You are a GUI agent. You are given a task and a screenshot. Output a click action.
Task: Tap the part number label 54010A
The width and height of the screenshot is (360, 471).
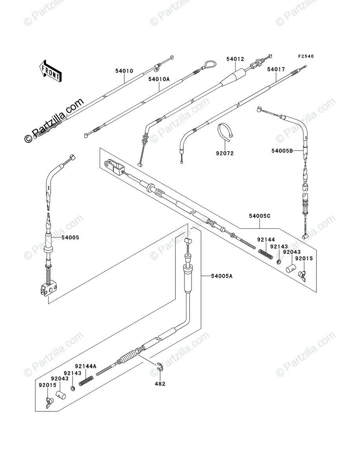(x=159, y=79)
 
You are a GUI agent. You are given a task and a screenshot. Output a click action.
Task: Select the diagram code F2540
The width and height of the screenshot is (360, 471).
(x=306, y=57)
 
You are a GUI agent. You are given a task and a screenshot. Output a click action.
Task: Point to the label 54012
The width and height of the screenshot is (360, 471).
(x=235, y=59)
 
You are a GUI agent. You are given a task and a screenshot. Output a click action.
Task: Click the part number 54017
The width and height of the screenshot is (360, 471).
(x=276, y=69)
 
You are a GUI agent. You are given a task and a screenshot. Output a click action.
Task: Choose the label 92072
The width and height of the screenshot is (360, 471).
(x=225, y=153)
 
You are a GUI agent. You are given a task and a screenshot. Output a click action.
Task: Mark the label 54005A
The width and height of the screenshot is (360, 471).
(x=222, y=276)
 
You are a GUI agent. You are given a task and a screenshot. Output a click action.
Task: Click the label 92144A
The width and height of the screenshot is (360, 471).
(x=86, y=366)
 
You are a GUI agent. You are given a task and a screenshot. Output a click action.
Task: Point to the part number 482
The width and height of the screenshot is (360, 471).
(x=160, y=383)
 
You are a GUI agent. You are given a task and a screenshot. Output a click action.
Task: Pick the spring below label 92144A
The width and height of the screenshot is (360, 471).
(x=86, y=379)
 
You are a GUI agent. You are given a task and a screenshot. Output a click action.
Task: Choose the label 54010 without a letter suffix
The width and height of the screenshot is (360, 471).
(x=124, y=71)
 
